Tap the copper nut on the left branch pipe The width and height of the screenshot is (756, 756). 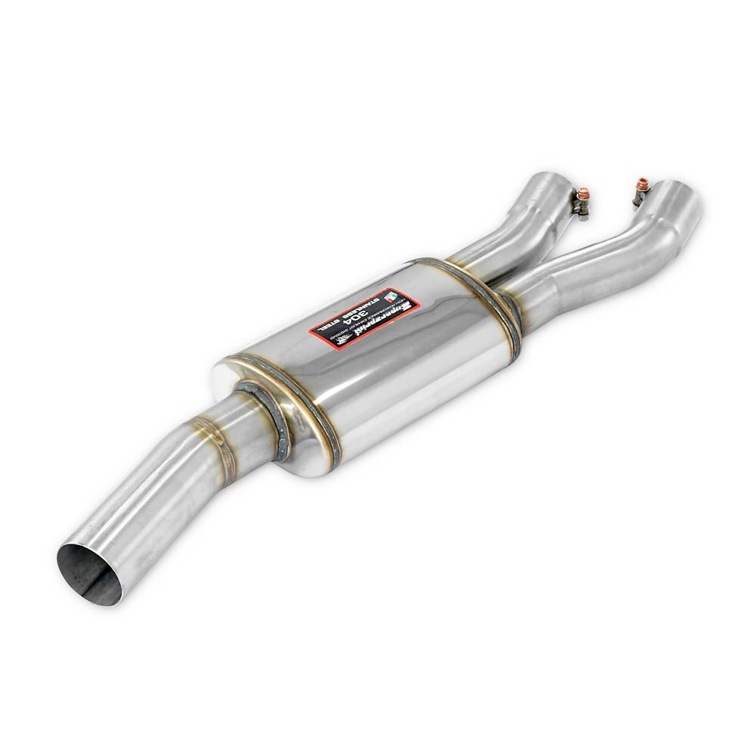(583, 195)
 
